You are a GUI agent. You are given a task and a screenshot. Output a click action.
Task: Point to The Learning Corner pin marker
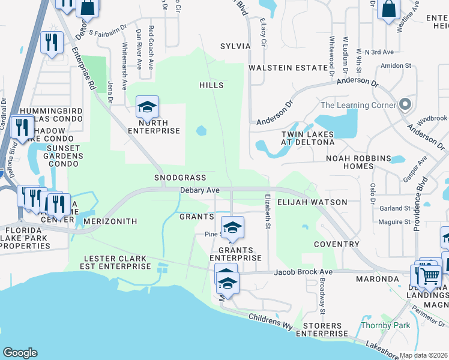click(405, 105)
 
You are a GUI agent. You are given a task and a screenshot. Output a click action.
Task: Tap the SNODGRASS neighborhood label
click(180, 178)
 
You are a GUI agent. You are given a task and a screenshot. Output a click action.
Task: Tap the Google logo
click(20, 353)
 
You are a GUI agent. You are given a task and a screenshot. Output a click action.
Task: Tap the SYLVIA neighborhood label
click(235, 46)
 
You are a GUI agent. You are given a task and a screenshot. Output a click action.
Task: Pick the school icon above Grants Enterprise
click(232, 227)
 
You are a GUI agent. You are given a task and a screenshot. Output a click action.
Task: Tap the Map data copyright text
click(424, 355)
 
